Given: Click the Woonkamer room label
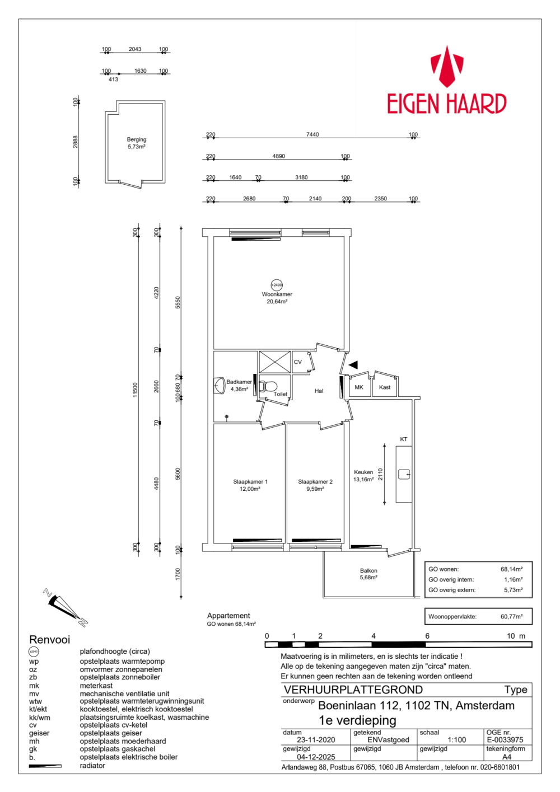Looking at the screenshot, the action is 277,294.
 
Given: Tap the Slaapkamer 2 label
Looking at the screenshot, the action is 315,481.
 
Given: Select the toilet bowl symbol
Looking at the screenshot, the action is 268,386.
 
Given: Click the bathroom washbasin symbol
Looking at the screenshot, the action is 220,386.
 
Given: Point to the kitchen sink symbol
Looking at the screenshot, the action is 404,474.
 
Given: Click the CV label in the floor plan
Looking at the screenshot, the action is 298,362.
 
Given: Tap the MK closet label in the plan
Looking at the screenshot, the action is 359,387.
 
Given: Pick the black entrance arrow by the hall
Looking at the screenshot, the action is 353,364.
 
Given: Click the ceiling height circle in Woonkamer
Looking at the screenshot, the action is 277,285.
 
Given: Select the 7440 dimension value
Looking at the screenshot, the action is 312,134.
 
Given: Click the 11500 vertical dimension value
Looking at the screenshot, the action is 135,390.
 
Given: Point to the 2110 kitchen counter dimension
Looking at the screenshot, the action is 380,474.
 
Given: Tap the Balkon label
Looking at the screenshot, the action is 368,570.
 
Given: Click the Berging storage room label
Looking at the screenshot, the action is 137,139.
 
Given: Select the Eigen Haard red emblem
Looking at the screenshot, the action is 447,66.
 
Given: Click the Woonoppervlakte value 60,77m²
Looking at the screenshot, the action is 511,616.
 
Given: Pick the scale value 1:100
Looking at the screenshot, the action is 457,740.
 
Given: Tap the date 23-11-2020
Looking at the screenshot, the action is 316,740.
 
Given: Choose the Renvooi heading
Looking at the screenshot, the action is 49,639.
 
